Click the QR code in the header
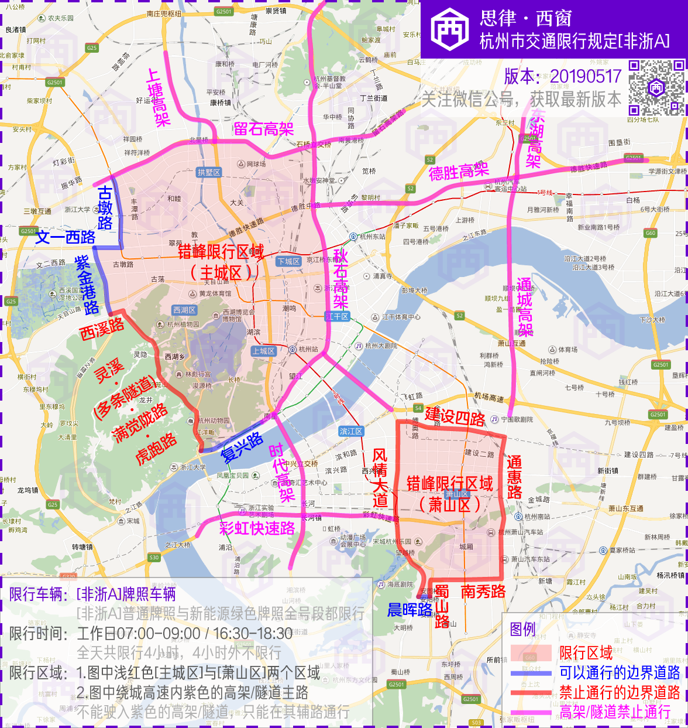656,87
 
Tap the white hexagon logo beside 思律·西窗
450,29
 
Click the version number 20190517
586,76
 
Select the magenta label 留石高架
263,129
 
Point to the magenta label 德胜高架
458,172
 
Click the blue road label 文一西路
66,237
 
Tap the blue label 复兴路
242,448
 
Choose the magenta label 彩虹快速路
257,528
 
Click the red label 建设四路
455,417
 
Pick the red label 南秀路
483,592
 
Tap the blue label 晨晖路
410,610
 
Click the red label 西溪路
102,329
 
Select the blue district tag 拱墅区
209,172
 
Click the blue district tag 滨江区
351,431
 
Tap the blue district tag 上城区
263,351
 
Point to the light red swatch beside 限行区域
531,652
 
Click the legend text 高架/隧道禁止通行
615,712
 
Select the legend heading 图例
522,629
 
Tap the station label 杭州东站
372,237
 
